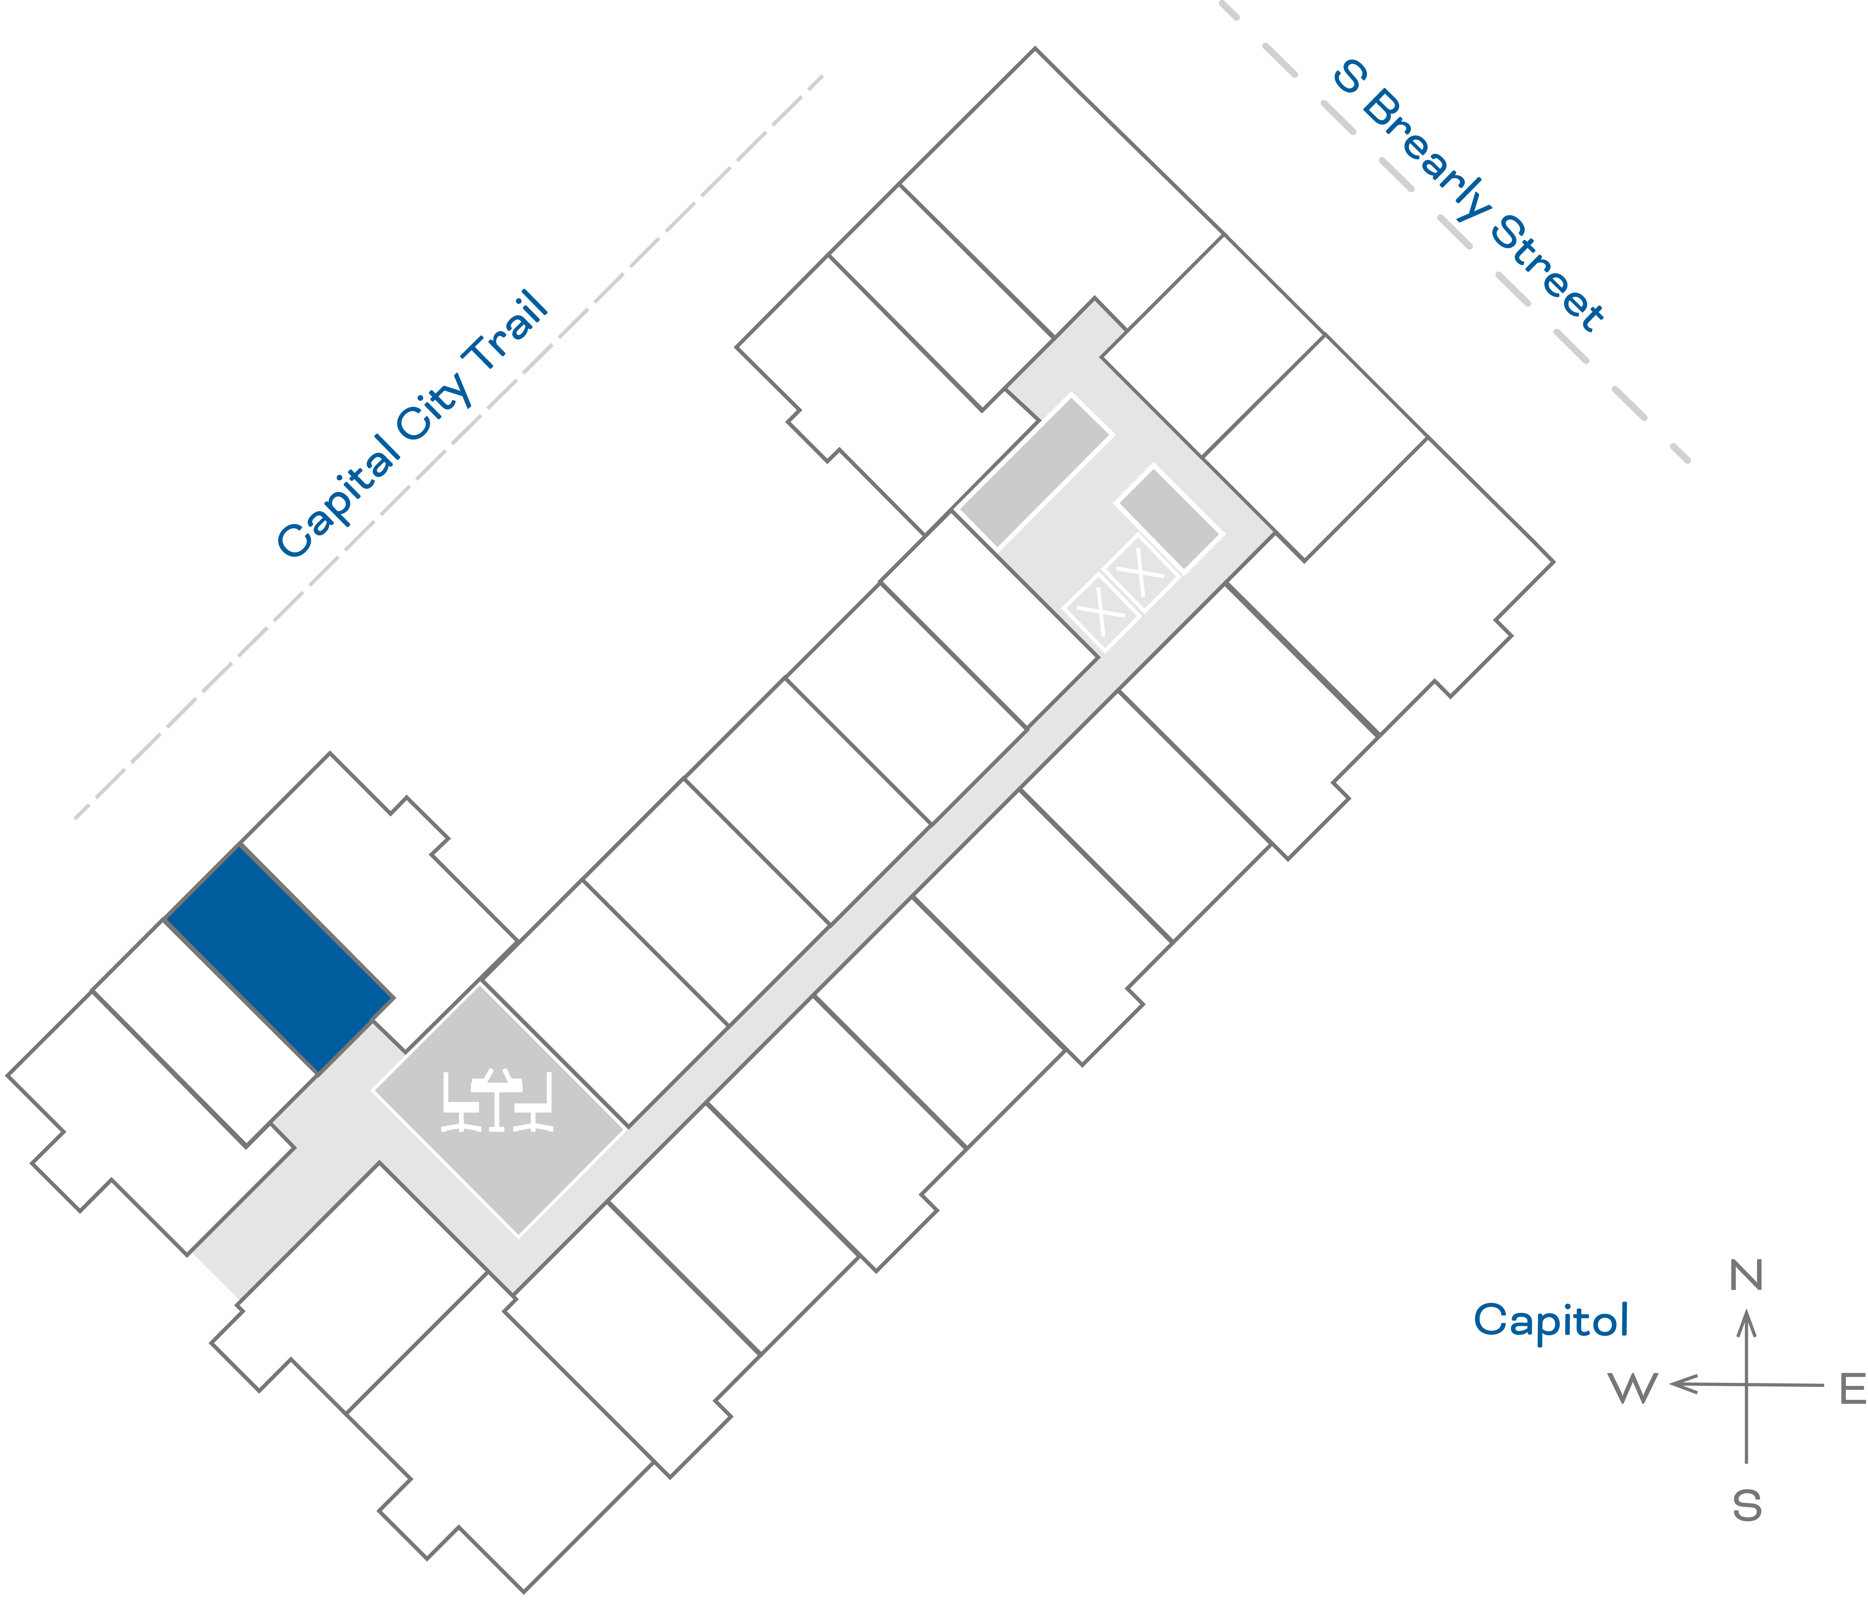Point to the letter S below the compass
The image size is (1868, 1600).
click(1746, 1506)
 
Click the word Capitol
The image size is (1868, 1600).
click(1551, 1320)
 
